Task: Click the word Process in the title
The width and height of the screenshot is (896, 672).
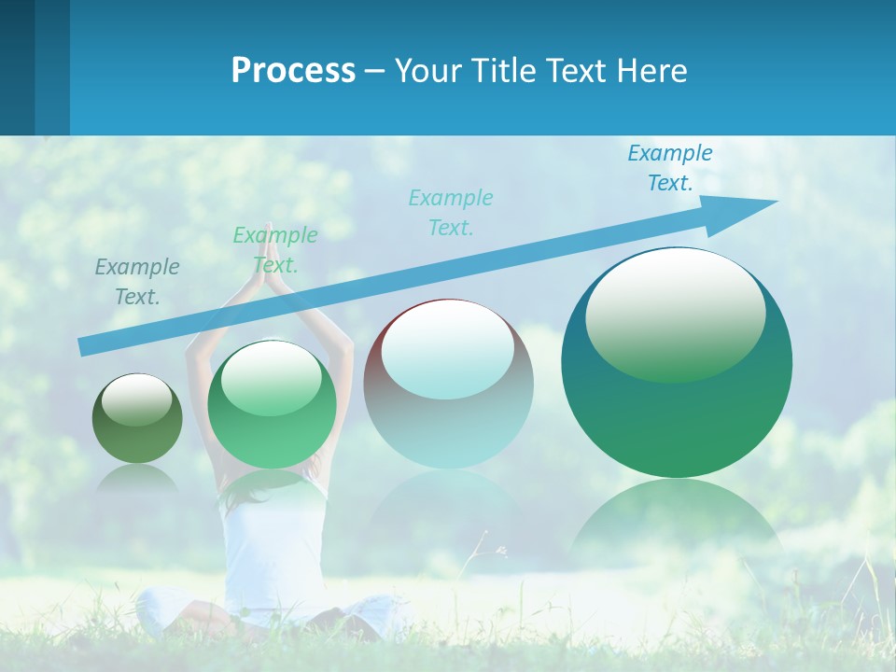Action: click(293, 70)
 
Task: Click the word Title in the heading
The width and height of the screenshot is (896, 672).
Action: click(505, 70)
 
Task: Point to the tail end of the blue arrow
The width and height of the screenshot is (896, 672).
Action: click(86, 346)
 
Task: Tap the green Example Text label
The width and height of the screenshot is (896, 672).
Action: click(275, 249)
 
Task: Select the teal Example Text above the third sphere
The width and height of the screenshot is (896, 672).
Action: click(451, 212)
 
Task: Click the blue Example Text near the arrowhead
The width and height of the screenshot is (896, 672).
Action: click(670, 168)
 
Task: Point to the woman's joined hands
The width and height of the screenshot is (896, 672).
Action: click(270, 250)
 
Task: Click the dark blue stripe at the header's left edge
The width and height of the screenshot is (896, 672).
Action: click(17, 67)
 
